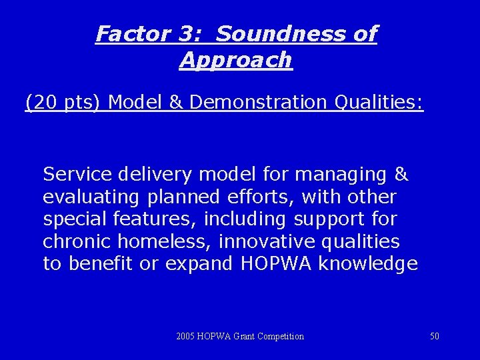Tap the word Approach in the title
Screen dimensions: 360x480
(236, 60)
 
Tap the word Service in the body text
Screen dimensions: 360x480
(77, 175)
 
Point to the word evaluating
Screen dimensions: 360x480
(89, 197)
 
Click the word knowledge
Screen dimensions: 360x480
(368, 264)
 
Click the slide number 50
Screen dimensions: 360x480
(435, 336)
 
